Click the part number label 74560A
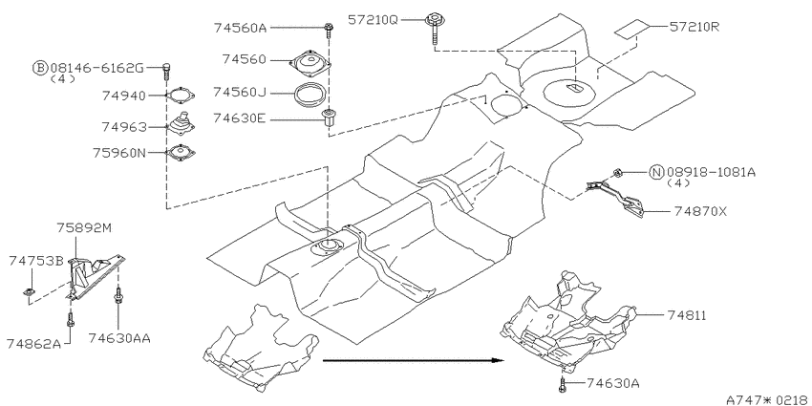[240, 28]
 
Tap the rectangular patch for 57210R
[632, 30]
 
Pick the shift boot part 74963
[182, 126]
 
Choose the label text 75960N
[119, 153]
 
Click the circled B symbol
[40, 67]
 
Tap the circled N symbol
[656, 172]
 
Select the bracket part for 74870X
[616, 194]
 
